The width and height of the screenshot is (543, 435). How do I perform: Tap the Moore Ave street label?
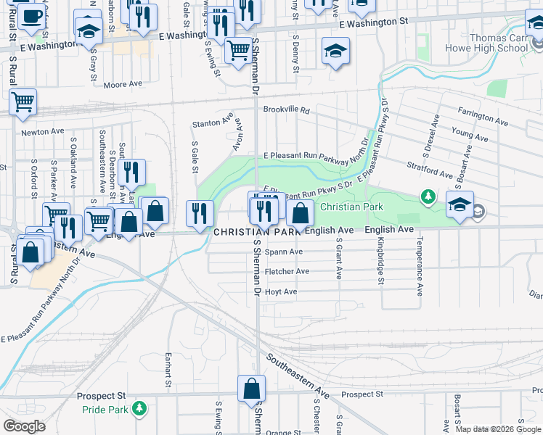click(x=123, y=85)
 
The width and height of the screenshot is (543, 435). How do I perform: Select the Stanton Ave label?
click(x=213, y=120)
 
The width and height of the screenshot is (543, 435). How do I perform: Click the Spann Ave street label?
click(x=283, y=252)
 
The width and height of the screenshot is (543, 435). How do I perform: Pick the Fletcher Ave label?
click(x=287, y=271)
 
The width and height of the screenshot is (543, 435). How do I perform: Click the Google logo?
click(x=24, y=426)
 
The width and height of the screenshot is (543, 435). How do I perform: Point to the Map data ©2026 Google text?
click(x=498, y=429)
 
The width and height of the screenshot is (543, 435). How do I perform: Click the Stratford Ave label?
click(x=430, y=170)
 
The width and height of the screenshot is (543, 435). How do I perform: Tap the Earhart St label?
click(x=167, y=368)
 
